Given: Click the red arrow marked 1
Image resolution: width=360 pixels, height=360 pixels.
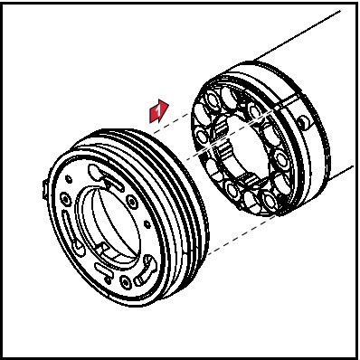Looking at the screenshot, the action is coord(159,111).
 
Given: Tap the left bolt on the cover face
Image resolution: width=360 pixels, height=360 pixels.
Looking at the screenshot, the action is coord(65,198).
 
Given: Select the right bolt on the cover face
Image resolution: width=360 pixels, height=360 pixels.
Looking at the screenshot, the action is coord(132,200).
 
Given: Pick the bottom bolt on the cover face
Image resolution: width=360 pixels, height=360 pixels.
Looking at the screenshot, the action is coord(125,281).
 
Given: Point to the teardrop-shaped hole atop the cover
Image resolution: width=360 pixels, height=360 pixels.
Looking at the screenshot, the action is coord(94,171).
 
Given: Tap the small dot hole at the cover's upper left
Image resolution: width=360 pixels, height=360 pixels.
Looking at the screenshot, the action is coord(69,179).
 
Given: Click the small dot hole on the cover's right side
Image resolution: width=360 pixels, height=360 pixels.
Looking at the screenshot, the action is coord(147,224).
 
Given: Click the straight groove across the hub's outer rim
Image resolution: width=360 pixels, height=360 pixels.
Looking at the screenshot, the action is coord(288,101).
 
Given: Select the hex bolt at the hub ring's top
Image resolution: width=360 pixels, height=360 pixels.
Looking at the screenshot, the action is coord(230,97).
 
